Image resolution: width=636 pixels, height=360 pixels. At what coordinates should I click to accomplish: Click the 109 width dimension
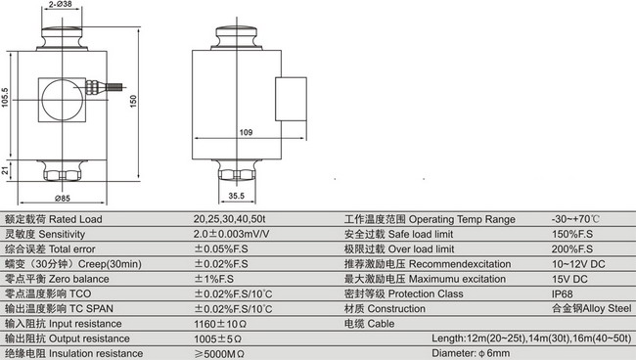247,131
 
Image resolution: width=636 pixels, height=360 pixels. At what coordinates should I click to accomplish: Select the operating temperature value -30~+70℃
573,219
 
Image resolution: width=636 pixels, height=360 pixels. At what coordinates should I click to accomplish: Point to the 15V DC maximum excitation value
569,279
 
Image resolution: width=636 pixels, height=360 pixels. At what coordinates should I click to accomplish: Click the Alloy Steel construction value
593,308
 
